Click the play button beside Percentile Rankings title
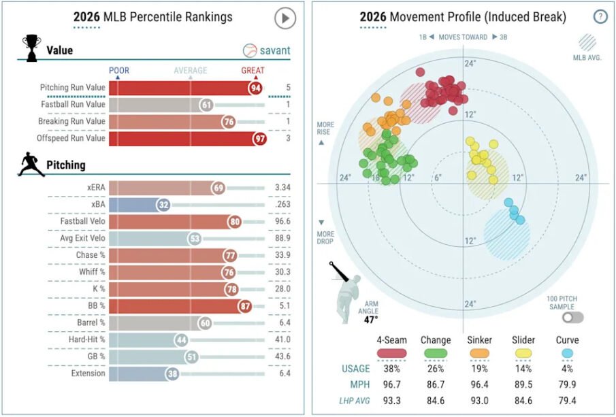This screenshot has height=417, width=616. [285, 18]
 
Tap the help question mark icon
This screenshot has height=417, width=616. [600, 17]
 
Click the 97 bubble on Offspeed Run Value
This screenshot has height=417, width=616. [259, 138]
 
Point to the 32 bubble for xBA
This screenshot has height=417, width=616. [163, 204]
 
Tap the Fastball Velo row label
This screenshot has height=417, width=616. [82, 221]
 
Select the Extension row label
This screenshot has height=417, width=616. [87, 373]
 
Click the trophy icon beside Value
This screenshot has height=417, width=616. [30, 49]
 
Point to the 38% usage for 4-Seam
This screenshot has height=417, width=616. [391, 369]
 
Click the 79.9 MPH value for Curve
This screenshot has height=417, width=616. [568, 383]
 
